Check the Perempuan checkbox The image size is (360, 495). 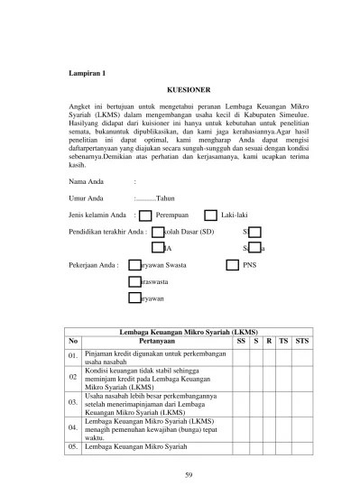[146, 215]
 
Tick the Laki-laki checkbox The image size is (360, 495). [210, 215]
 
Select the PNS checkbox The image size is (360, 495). [233, 265]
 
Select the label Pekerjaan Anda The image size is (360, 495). [93, 265]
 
